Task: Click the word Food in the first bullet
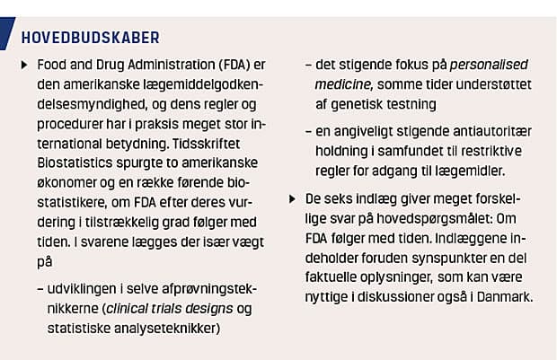(x=52, y=67)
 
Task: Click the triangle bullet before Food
(x=23, y=67)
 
